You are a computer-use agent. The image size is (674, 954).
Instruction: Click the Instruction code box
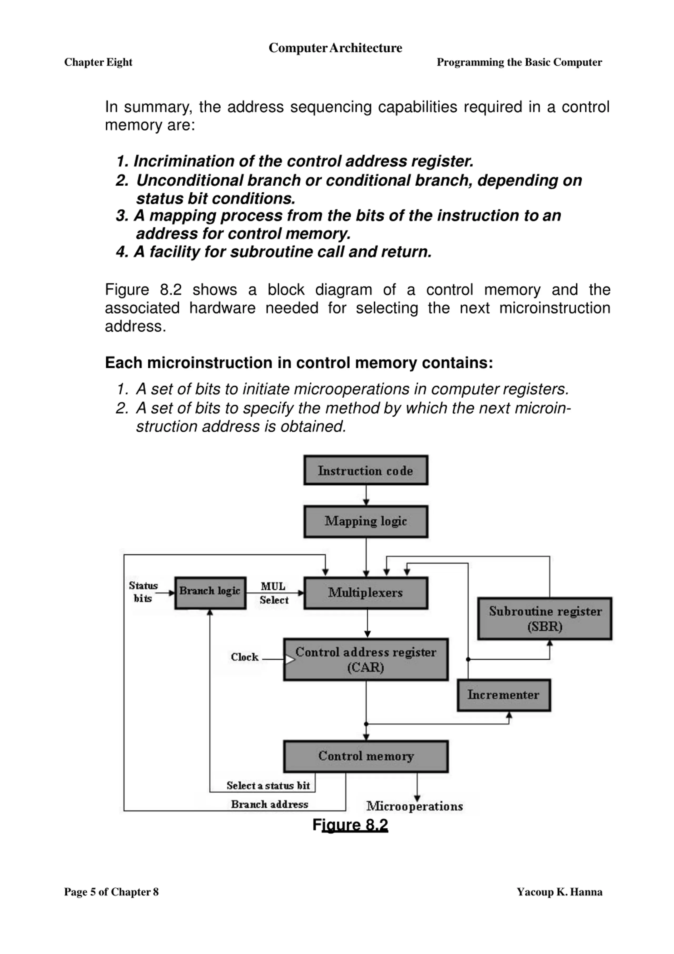coord(366,470)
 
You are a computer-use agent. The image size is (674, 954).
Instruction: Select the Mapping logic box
coord(366,521)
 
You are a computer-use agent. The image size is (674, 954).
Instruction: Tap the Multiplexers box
coord(366,593)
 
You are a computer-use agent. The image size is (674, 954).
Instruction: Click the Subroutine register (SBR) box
coord(545,618)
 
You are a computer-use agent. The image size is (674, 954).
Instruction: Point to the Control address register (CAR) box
coord(366,659)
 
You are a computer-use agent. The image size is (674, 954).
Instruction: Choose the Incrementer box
coord(504,695)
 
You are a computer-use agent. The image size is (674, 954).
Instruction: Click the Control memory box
coord(366,756)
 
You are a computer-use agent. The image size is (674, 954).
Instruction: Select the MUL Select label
coord(274,593)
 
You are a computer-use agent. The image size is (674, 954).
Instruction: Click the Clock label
coord(245,657)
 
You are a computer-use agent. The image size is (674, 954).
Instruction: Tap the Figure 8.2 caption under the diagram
coord(350,825)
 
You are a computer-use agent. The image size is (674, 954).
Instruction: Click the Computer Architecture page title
coord(335,48)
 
